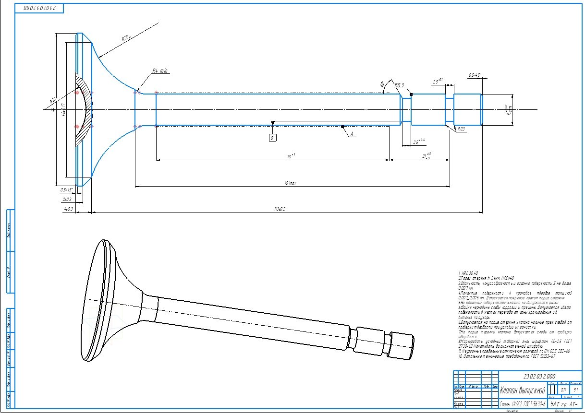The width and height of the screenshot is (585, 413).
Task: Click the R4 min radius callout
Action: [160, 71]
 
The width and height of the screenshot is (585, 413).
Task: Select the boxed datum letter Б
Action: [272, 139]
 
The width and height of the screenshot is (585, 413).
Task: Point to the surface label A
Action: [352, 135]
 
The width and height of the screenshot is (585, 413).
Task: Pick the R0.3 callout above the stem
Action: [399, 85]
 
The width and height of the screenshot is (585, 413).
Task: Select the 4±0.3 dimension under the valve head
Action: [68, 209]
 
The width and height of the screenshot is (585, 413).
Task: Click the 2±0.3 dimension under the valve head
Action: [67, 199]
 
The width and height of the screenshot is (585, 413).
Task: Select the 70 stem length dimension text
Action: [290, 156]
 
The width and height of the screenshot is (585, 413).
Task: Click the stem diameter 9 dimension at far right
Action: [507, 109]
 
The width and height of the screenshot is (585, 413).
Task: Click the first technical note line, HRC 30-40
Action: [467, 272]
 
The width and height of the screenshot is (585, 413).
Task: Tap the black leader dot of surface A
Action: [342, 127]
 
